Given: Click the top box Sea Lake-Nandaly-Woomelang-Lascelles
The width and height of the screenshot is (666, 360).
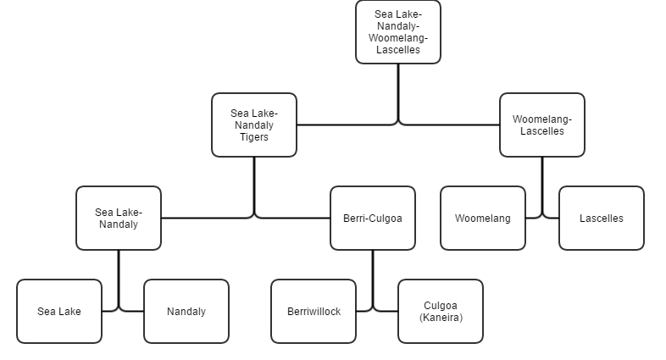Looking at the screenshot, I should [398, 32].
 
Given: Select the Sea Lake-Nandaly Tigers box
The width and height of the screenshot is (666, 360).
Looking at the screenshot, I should [254, 125].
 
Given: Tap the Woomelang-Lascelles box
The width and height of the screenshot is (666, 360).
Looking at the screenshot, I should [542, 125].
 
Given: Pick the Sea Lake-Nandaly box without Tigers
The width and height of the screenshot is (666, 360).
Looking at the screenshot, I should [119, 218].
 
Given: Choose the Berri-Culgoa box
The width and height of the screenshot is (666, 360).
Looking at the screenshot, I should [373, 218].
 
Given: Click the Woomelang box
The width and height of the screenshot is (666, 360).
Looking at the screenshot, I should [483, 218].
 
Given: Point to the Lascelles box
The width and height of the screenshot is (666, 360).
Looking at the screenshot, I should [602, 218].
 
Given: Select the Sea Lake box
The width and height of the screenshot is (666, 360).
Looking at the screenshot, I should [59, 311].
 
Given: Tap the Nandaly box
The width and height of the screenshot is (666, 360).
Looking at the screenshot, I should [186, 311].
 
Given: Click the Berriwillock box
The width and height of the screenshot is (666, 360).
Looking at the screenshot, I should [314, 311].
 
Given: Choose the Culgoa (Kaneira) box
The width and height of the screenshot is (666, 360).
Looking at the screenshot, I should [441, 311].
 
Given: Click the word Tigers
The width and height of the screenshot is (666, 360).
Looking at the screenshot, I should [254, 137].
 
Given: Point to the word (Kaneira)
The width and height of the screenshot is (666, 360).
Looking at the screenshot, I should [441, 318].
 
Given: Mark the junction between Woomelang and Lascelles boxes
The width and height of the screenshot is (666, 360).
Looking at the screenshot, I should [542, 218].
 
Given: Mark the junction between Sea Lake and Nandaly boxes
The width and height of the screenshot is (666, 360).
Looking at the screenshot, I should [119, 311].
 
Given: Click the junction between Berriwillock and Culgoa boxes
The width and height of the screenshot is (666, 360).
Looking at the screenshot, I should [373, 311].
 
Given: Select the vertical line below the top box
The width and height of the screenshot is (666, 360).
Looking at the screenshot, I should [398, 93].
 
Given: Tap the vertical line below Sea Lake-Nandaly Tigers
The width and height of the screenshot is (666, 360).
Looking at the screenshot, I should [254, 186].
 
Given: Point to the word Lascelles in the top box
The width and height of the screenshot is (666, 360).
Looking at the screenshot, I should [398, 50].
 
